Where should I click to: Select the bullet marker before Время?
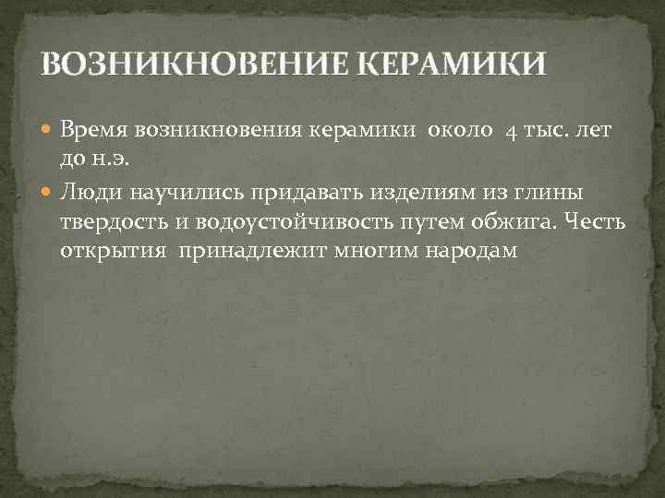pos(50,133)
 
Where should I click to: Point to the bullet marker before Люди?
pos(50,192)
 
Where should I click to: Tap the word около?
pos(459,132)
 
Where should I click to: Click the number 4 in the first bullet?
pos(510,132)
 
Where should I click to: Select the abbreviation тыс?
pos(544,132)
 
